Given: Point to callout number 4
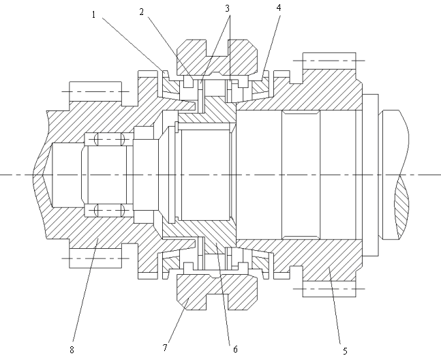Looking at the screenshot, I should tap(279, 7).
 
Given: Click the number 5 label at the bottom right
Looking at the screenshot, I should tap(345, 350).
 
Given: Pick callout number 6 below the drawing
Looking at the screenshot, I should tap(235, 349).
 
